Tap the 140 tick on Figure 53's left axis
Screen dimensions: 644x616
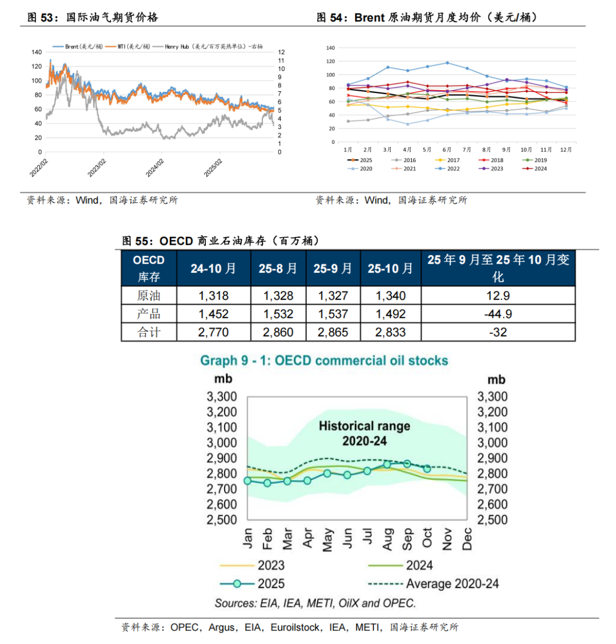(x=37, y=52)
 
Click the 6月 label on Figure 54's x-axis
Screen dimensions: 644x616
(x=447, y=149)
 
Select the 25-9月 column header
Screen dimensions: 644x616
(x=333, y=268)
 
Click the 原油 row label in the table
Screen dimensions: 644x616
(x=149, y=295)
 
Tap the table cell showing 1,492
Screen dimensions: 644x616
(x=391, y=314)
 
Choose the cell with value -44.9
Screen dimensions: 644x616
(x=498, y=314)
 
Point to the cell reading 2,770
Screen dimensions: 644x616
(x=214, y=332)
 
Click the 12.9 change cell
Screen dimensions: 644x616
(x=498, y=295)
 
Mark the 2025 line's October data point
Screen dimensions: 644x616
(x=427, y=468)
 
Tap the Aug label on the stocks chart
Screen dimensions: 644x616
(x=387, y=539)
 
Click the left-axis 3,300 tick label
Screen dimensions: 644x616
(x=222, y=396)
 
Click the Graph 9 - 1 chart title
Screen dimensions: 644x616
(x=324, y=361)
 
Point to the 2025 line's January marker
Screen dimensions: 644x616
(x=248, y=481)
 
